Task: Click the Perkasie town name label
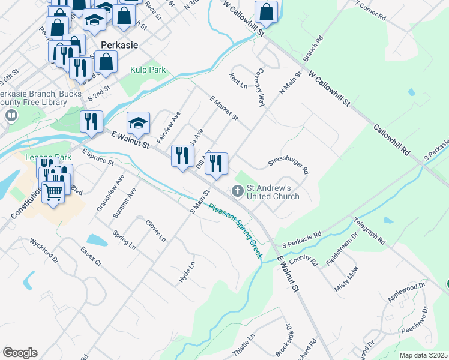pyautogui.click(x=120, y=45)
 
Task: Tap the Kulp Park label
pyautogui.click(x=148, y=70)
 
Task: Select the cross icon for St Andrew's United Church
pyautogui.click(x=237, y=191)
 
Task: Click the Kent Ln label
pyautogui.click(x=238, y=81)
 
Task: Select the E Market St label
pyautogui.click(x=224, y=108)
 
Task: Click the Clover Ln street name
pyautogui.click(x=155, y=230)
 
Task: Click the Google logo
pyautogui.click(x=20, y=353)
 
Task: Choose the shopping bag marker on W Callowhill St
pyautogui.click(x=266, y=11)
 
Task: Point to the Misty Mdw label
pyautogui.click(x=349, y=277)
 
